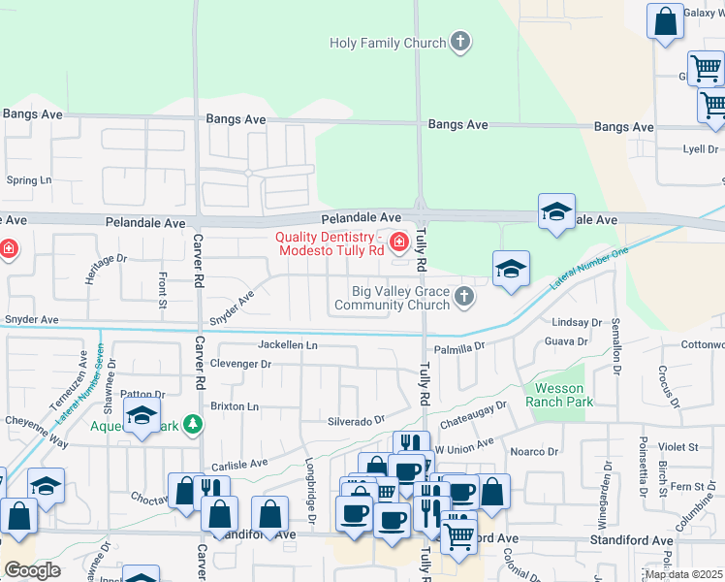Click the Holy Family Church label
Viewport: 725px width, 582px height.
pos(388,43)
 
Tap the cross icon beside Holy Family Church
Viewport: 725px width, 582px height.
pos(460,43)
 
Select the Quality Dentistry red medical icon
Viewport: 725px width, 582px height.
pos(398,241)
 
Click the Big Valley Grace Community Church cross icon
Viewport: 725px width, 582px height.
pos(464,296)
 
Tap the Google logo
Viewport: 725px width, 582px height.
pos(32,569)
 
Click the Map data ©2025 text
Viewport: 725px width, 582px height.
pos(684,574)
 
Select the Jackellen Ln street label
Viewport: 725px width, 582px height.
pos(288,344)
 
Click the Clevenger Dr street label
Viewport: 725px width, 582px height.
pos(240,364)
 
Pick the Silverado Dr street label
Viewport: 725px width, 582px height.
pos(356,421)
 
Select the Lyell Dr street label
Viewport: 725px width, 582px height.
pos(700,149)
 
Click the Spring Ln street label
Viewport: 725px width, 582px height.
pos(28,180)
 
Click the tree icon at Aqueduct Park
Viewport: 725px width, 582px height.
pos(193,425)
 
